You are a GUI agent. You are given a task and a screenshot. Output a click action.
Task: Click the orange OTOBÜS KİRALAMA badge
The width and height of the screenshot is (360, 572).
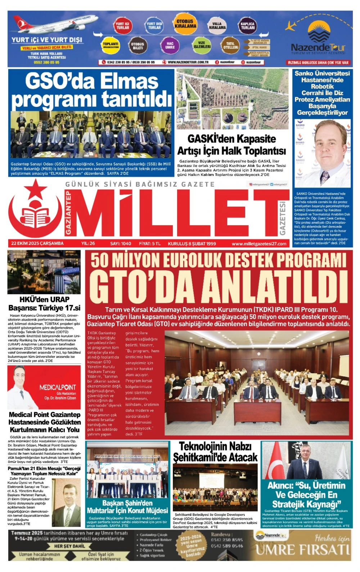click(x=185, y=23)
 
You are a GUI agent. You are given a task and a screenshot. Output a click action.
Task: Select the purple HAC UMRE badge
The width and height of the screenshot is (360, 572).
click(x=170, y=45)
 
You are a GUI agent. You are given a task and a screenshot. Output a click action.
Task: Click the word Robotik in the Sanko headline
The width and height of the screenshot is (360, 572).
click(x=322, y=86)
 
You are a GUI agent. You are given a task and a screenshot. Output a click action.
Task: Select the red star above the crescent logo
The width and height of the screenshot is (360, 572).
click(x=35, y=187)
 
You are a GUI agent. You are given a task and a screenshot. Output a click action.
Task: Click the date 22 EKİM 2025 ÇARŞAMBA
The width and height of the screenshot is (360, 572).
click(x=37, y=243)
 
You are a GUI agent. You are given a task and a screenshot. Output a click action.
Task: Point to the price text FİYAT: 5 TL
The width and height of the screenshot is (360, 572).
click(x=150, y=244)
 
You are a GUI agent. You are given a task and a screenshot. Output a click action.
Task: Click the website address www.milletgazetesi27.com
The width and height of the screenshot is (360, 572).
click(x=259, y=244)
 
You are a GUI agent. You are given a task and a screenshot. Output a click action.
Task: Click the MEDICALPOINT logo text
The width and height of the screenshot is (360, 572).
click(x=58, y=387)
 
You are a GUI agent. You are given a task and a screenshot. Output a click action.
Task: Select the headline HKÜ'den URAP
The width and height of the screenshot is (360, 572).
click(x=44, y=299)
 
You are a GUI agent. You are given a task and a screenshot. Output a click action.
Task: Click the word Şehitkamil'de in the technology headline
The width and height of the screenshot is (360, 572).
click(x=215, y=457)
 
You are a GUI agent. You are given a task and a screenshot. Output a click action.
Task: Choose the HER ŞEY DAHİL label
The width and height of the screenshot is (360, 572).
click(x=69, y=546)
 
